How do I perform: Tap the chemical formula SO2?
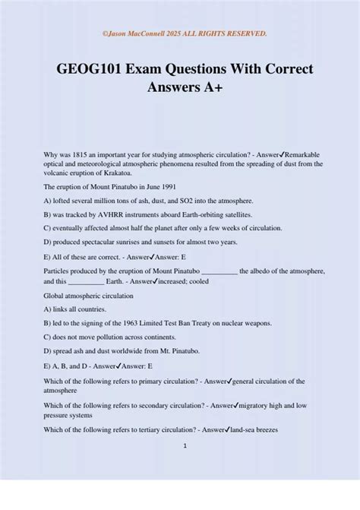click(169, 201)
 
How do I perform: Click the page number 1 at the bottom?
click(185, 445)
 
